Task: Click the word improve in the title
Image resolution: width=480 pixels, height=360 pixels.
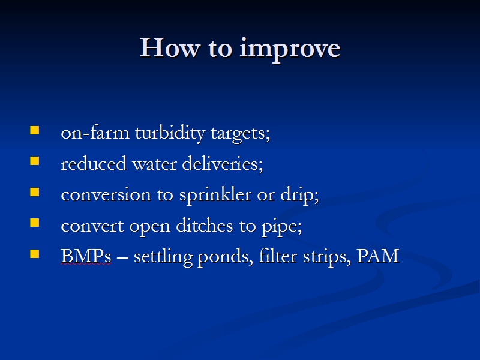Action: (290, 49)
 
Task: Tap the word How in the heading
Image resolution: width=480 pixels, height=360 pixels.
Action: (170, 47)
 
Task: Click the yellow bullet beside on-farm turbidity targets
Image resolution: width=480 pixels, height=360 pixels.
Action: (35, 130)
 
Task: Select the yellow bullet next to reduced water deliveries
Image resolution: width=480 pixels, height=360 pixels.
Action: (35, 161)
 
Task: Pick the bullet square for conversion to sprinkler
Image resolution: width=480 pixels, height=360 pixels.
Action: (35, 192)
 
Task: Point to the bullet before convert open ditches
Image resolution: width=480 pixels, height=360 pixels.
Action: (35, 223)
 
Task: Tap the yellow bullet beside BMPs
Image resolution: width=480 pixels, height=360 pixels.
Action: (35, 254)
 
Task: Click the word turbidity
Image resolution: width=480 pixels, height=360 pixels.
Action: (170, 133)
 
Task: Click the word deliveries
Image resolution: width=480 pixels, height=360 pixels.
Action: (222, 163)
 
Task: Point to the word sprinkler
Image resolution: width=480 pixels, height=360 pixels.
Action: (215, 195)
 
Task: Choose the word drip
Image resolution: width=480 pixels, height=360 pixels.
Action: (299, 195)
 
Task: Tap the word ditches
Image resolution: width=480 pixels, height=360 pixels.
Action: (204, 226)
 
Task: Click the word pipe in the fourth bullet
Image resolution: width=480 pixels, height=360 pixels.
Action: (281, 227)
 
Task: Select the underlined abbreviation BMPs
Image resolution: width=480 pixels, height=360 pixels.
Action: (86, 256)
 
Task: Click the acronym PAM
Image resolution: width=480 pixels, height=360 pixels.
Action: (378, 256)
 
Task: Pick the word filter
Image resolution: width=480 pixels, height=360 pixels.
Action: (278, 256)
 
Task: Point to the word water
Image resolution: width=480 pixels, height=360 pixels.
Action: (154, 164)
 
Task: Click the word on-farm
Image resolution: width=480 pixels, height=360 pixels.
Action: (95, 133)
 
